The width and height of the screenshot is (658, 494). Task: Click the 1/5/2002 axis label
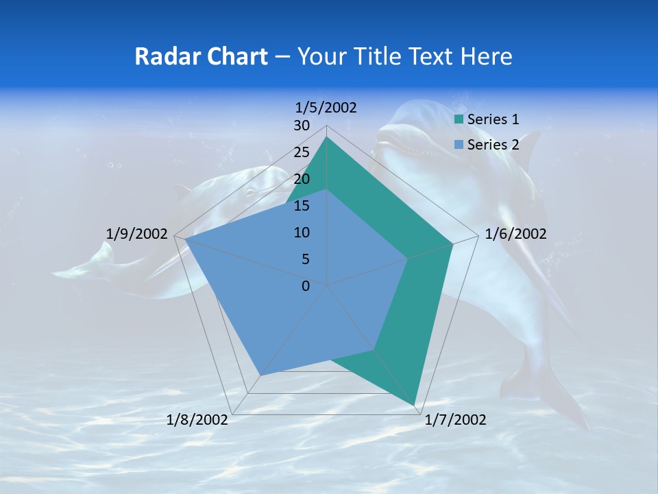pyautogui.click(x=326, y=108)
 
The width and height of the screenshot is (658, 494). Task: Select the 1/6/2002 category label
pyautogui.click(x=515, y=234)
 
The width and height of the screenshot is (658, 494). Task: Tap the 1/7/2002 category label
pyautogui.click(x=455, y=420)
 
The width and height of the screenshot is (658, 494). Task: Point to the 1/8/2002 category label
pyautogui.click(x=197, y=420)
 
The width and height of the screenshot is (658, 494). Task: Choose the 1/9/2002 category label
pyautogui.click(x=137, y=234)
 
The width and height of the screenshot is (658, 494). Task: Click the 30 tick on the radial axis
pyautogui.click(x=302, y=126)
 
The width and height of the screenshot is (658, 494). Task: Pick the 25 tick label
pyautogui.click(x=302, y=152)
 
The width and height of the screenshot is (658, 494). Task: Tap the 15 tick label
pyautogui.click(x=302, y=206)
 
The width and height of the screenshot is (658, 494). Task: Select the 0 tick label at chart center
pyautogui.click(x=306, y=286)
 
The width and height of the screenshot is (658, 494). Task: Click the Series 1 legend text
pyautogui.click(x=493, y=119)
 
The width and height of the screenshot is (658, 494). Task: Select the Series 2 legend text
pyautogui.click(x=493, y=144)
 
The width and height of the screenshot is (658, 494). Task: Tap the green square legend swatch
pyautogui.click(x=459, y=120)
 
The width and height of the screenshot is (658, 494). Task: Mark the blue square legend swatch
pyautogui.click(x=459, y=145)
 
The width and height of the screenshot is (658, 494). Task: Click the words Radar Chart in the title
pyautogui.click(x=201, y=56)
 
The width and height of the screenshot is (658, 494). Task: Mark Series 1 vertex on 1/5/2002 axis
pyautogui.click(x=327, y=137)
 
